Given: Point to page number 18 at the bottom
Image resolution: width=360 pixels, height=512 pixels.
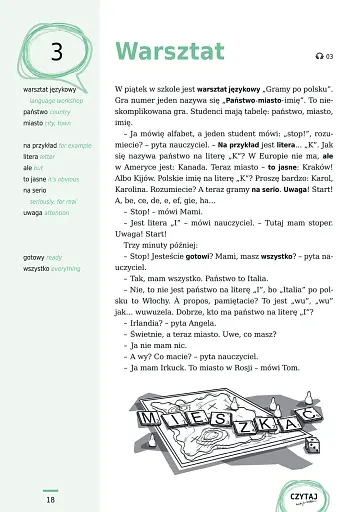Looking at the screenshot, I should pos(50,499).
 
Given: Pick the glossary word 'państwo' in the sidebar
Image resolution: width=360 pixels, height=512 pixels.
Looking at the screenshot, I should pos(35,112).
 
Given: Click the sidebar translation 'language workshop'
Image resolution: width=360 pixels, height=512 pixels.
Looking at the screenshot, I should pos(59,101).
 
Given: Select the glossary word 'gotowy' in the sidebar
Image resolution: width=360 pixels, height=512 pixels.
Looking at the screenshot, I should pos(34,257).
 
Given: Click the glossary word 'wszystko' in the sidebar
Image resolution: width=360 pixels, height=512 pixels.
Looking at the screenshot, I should pos(37,269).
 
